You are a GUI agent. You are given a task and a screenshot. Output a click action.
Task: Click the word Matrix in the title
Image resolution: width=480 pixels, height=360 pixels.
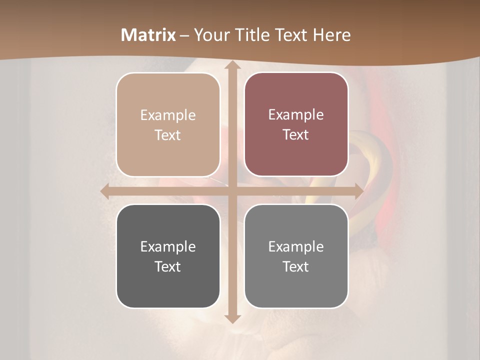point(148,35)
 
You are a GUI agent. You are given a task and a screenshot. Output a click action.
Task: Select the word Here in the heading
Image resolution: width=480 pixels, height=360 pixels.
point(331,35)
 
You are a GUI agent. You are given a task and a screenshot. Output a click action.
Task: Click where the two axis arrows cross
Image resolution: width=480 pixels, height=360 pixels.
point(232,191)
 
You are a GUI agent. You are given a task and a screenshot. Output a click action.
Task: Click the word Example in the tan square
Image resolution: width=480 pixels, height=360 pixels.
point(168,115)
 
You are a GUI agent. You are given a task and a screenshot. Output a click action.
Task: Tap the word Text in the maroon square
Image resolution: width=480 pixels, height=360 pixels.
point(296,134)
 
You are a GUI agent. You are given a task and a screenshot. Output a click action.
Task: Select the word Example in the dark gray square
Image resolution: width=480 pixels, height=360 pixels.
point(168,247)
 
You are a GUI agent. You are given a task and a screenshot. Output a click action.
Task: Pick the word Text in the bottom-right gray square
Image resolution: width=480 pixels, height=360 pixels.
point(296,266)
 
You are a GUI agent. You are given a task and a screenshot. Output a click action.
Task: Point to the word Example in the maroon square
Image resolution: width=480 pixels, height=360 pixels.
point(296,115)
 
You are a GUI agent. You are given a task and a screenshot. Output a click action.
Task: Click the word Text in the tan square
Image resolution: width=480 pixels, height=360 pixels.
point(168,135)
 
